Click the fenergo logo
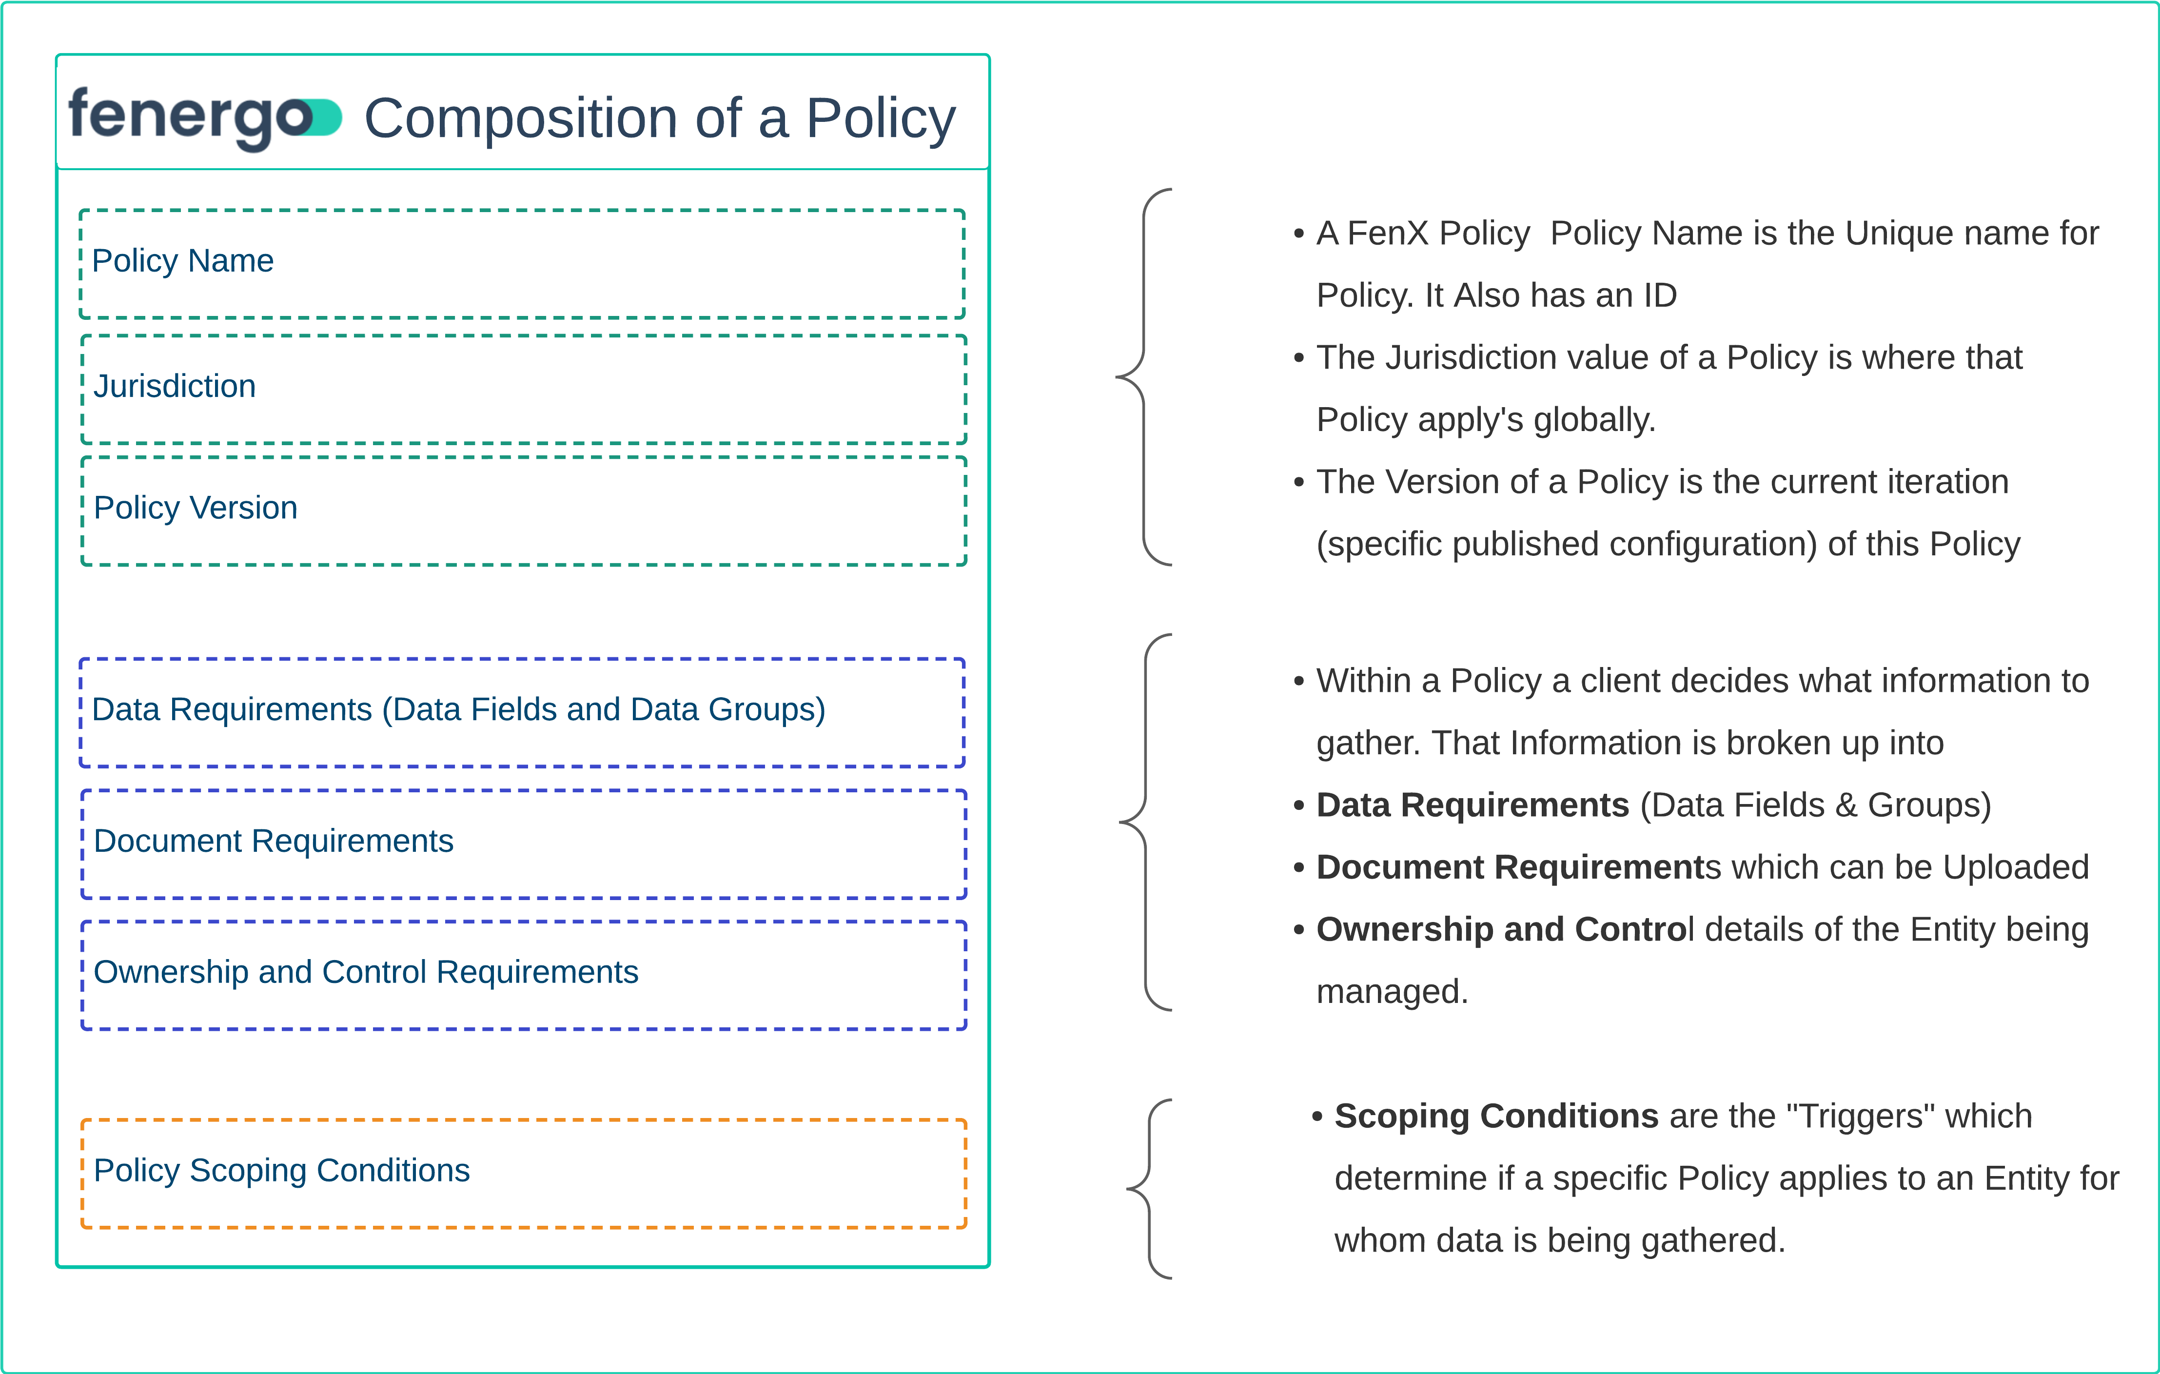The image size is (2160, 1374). coord(204,118)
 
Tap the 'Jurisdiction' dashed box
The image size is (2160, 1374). coord(524,389)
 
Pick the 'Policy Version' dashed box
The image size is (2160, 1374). coord(524,511)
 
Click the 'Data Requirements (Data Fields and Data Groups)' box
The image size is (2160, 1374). coord(522,713)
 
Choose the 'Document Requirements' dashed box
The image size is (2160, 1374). coord(524,844)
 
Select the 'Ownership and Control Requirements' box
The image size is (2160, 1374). coord(524,975)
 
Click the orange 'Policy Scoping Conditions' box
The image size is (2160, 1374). coord(524,1173)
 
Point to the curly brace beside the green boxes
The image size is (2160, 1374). coord(1143,377)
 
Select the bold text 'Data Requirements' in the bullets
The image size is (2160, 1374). coord(1472,805)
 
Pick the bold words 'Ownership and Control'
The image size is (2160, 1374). coord(1503,930)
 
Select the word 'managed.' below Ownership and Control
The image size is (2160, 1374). coord(1391,992)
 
